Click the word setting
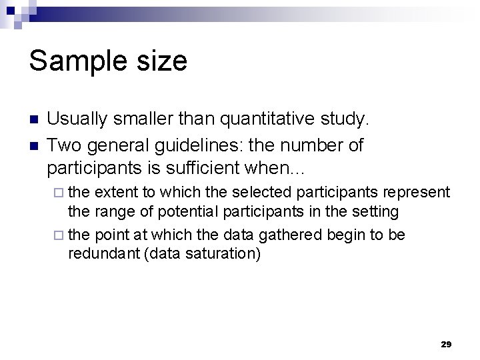376,212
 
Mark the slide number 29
446,344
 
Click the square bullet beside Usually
34,121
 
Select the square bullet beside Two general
34,145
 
